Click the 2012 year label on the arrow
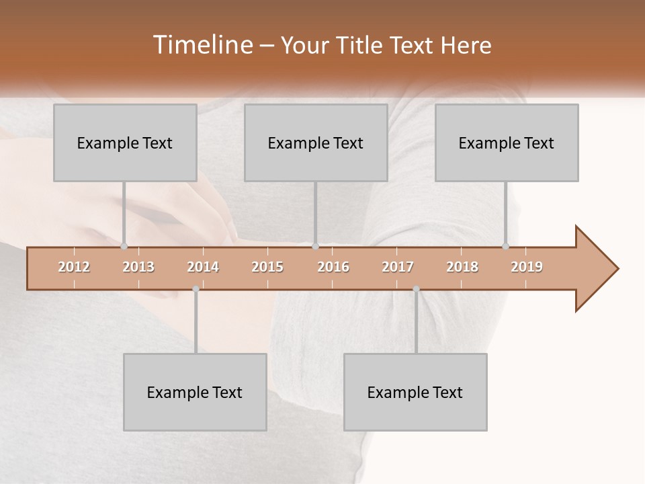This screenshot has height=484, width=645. (x=74, y=267)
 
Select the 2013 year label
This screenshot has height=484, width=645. (x=138, y=267)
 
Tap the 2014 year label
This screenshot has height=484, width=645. (x=203, y=267)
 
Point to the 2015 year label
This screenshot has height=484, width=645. (x=267, y=267)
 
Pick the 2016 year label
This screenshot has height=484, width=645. (x=333, y=267)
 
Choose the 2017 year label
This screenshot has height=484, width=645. (x=398, y=267)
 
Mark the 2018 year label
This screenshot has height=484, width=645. (x=462, y=267)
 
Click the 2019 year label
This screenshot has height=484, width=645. (x=527, y=267)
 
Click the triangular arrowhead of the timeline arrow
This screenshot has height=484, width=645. (x=595, y=269)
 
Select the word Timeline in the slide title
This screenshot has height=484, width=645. (x=202, y=45)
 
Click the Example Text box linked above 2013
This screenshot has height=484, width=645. (x=125, y=143)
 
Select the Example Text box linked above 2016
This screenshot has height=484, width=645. (x=316, y=143)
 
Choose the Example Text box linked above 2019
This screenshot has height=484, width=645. (x=507, y=143)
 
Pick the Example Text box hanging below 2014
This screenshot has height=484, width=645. (x=195, y=392)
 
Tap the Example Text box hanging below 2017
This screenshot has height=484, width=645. (x=415, y=392)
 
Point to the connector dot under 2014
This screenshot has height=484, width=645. (x=196, y=288)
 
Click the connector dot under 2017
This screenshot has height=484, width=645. (x=416, y=288)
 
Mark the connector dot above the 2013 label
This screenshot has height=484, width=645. (x=124, y=246)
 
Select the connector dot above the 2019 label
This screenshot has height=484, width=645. (x=505, y=246)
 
